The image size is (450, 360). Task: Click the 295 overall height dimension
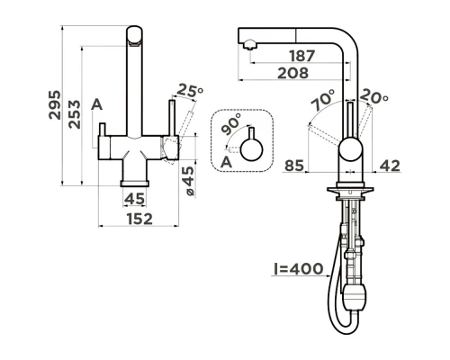click(55, 107)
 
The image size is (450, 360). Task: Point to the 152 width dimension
click(137, 218)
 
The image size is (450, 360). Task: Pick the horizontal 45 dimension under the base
click(135, 198)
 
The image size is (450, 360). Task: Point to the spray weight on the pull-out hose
click(358, 296)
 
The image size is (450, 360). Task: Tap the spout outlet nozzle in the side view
click(247, 41)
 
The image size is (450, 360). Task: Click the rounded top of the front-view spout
click(135, 35)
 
